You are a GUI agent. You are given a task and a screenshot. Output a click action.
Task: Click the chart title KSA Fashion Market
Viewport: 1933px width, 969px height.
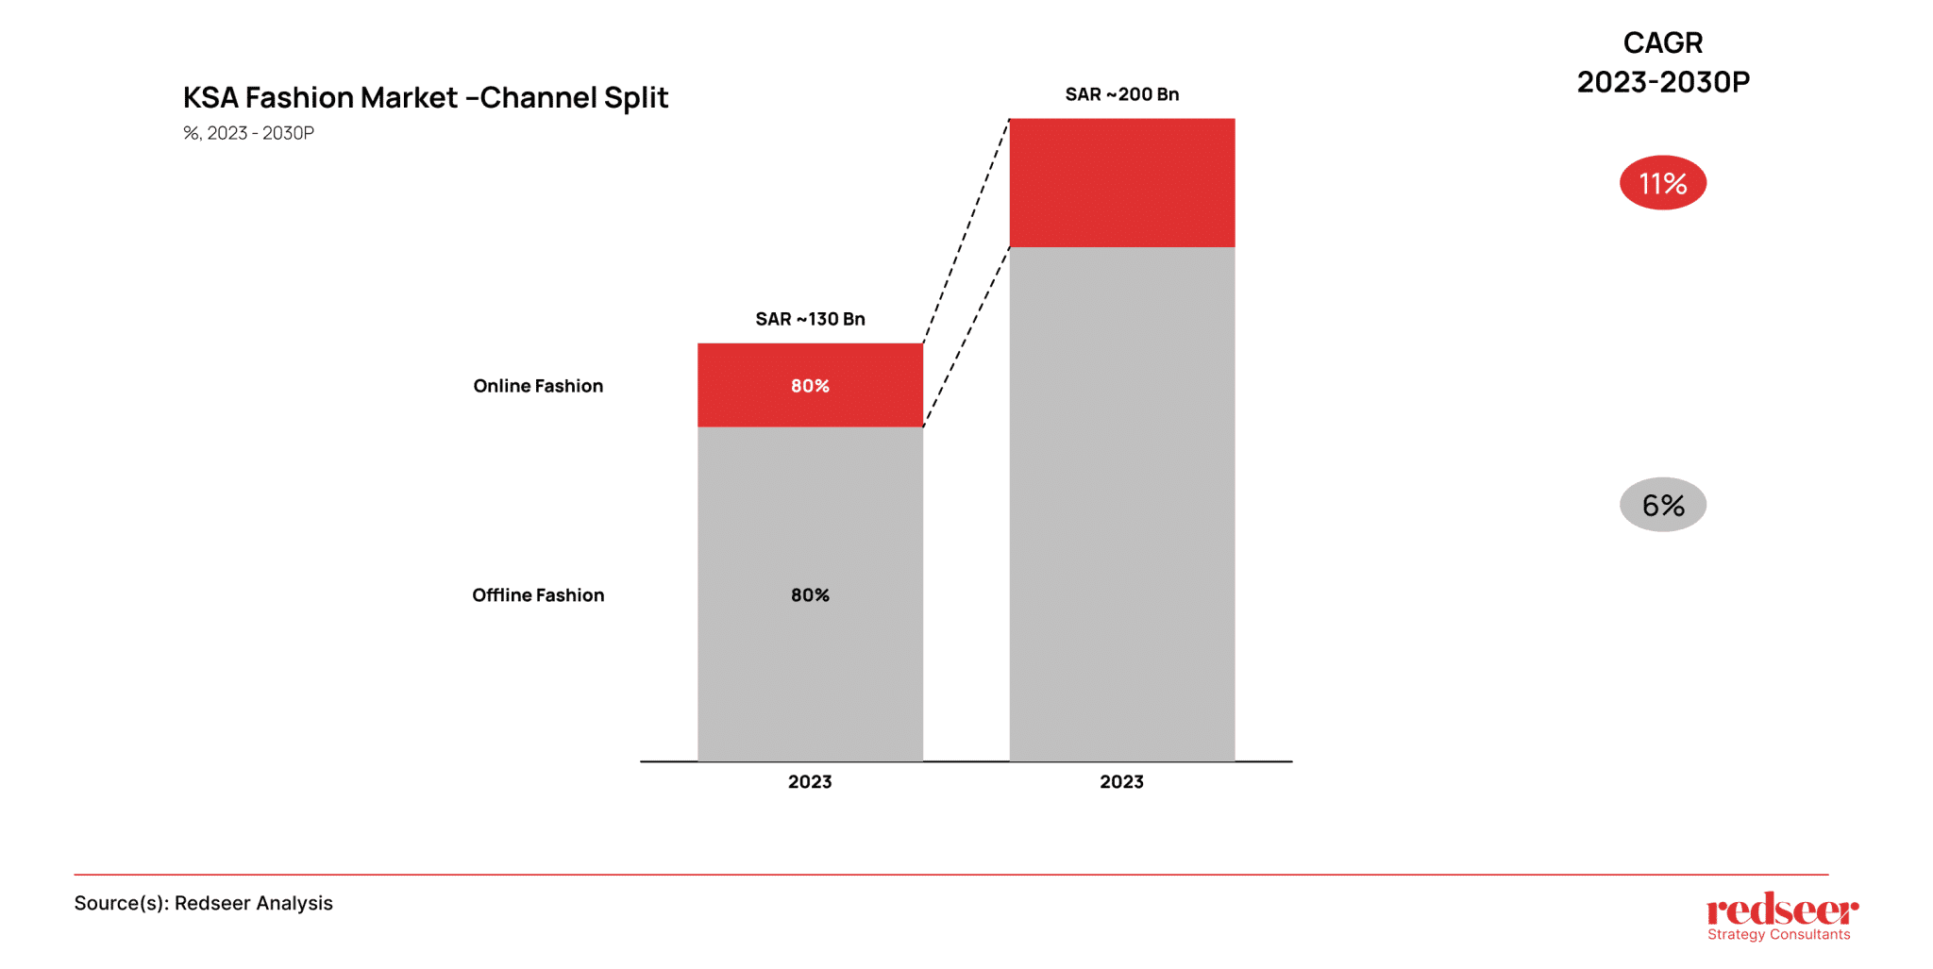pos(425,98)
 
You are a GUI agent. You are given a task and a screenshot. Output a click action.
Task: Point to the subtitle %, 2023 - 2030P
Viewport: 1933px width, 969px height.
pos(248,133)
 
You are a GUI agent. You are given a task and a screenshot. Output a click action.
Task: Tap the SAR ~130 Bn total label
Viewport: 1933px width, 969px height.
pos(810,319)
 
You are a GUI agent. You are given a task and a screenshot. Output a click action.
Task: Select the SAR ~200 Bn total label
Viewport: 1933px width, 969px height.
pos(1121,94)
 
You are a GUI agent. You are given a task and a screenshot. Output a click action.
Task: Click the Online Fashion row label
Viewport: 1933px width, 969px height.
pos(538,386)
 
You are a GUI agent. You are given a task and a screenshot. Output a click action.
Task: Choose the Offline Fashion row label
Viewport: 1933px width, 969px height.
pos(538,595)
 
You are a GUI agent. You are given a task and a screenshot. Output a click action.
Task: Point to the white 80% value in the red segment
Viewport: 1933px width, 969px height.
pos(810,386)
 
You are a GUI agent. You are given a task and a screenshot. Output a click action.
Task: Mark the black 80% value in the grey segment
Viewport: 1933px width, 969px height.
pos(810,595)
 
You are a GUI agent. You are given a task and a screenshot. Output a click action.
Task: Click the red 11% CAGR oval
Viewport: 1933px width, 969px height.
pos(1662,183)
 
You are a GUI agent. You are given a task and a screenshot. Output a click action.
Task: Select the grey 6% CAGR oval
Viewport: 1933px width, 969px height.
pos(1662,505)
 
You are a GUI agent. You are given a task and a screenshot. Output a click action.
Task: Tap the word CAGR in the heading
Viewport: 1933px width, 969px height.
pos(1662,43)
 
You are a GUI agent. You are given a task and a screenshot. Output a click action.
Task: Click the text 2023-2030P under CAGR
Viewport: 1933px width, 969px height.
pos(1662,83)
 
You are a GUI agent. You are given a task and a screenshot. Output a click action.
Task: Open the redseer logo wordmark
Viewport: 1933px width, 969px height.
pos(1782,910)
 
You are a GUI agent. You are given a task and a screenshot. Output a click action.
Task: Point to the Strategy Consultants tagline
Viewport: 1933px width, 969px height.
pos(1778,935)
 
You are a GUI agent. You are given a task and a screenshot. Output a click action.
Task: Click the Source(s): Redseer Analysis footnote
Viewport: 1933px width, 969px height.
pos(203,903)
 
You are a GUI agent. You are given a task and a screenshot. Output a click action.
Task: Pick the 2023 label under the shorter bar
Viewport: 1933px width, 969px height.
pos(810,782)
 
